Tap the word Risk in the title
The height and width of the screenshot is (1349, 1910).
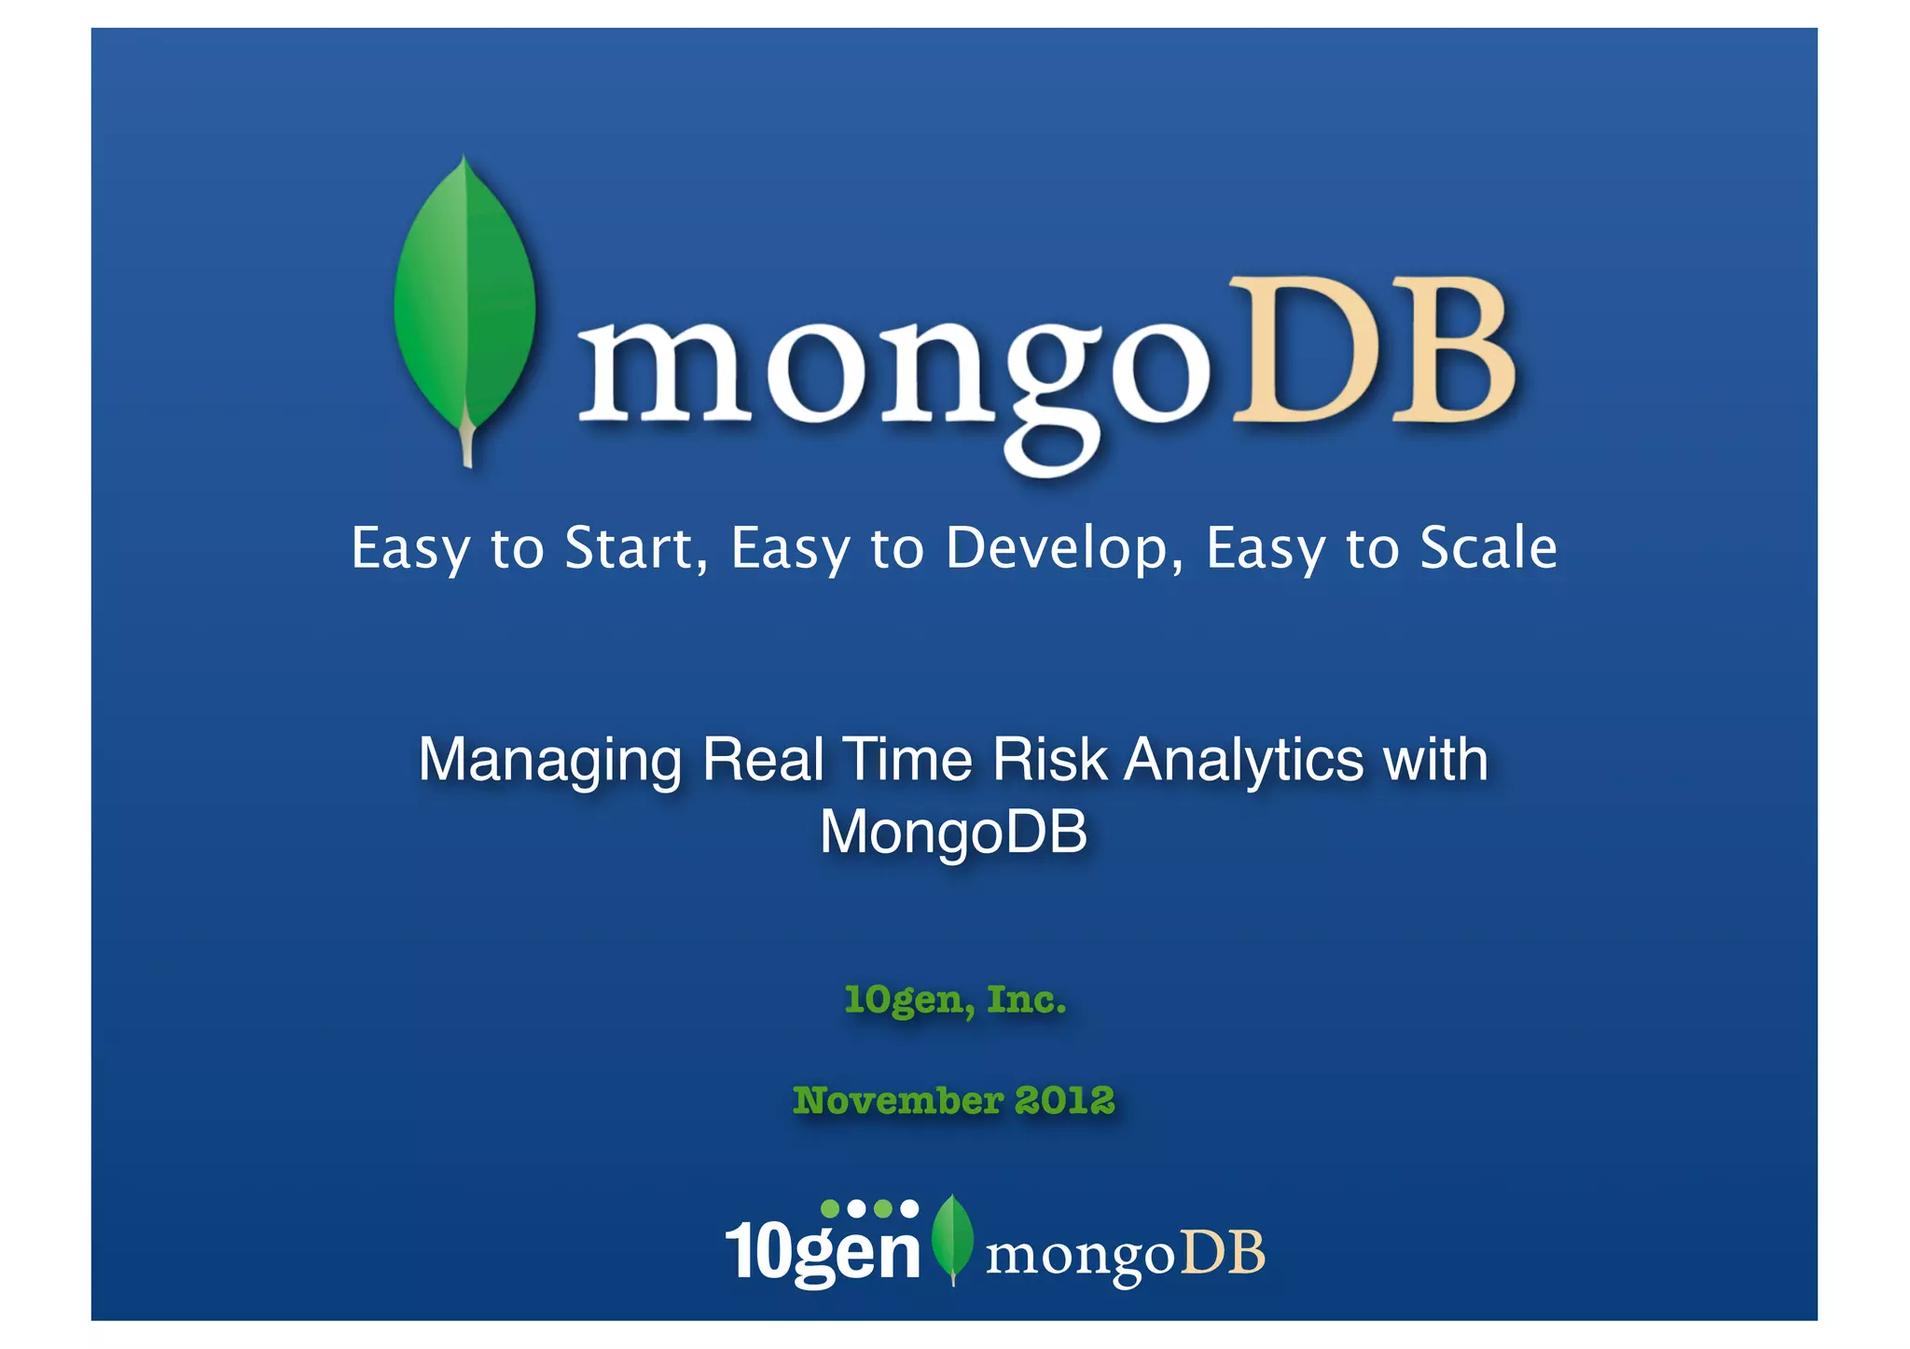[1049, 759]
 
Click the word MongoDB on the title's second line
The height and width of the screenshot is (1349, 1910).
[953, 831]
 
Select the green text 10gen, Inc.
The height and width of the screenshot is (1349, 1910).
[955, 1000]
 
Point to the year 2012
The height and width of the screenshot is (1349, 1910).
[1065, 1100]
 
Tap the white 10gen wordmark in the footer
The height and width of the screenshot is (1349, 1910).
[823, 1252]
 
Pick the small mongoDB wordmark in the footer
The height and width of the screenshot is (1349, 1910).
[1125, 1254]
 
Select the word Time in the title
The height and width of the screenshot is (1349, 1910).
[908, 759]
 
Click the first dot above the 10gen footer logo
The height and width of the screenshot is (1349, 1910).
[829, 1208]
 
